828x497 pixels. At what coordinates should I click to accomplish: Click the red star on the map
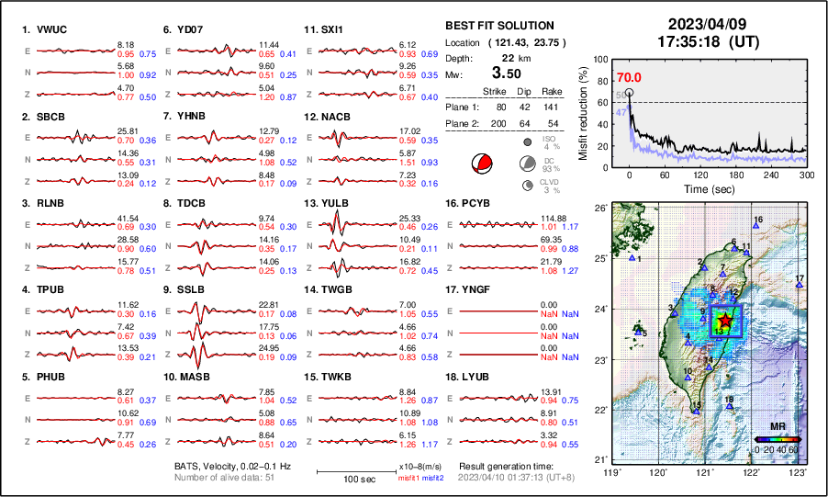(x=726, y=319)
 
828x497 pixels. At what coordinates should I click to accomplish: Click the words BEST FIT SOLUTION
(x=499, y=25)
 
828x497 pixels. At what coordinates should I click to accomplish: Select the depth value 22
(x=506, y=57)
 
